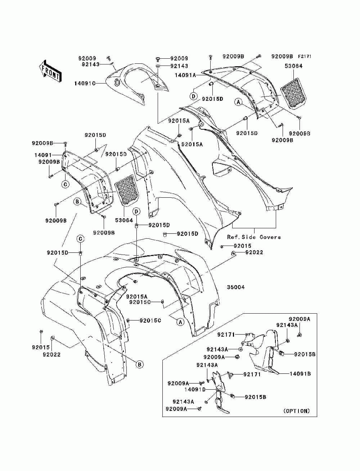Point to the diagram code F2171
tap(304, 57)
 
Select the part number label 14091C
tap(85, 83)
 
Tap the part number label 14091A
tap(185, 75)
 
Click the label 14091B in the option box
tap(300, 373)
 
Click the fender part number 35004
tap(236, 287)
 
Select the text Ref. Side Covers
tap(254, 237)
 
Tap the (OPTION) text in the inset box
tap(297, 411)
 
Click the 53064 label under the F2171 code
tap(293, 66)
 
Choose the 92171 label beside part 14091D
tap(252, 374)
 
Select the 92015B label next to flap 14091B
tap(305, 354)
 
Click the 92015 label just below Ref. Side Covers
tap(242, 246)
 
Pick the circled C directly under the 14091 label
tap(66, 184)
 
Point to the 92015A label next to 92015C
tap(137, 297)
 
